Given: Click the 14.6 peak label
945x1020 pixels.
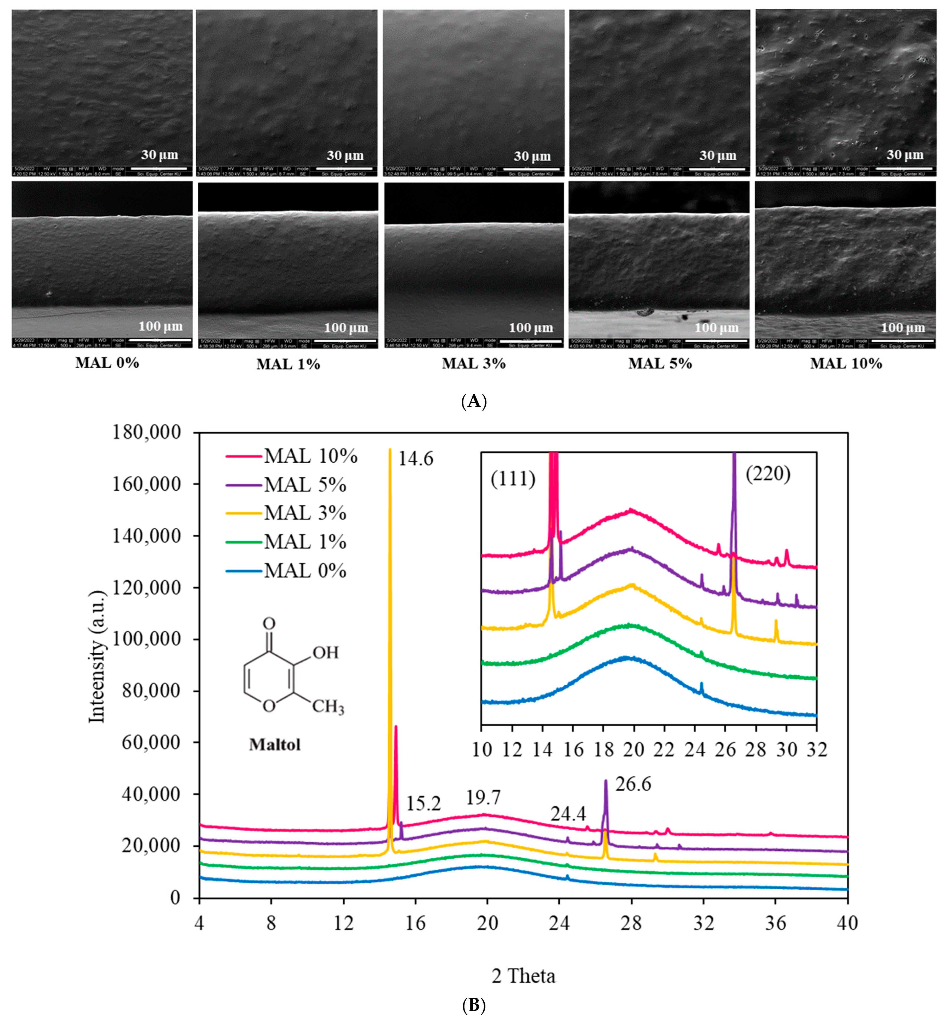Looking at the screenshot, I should (415, 459).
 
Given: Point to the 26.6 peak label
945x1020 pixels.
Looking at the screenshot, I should (633, 784).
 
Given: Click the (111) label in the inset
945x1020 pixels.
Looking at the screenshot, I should (513, 479).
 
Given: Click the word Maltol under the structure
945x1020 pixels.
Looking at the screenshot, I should (275, 744).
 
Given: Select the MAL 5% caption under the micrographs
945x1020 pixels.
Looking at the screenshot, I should (660, 364).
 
